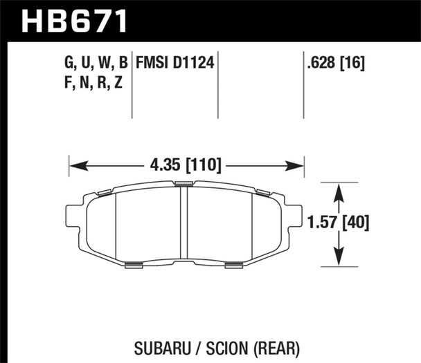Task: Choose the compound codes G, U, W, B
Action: [x=96, y=64]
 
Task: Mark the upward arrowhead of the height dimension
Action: [x=339, y=189]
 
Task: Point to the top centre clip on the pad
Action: [x=184, y=183]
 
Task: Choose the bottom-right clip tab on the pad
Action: [x=234, y=263]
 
